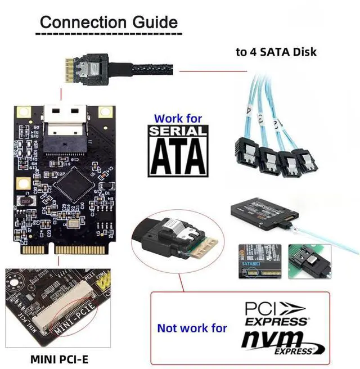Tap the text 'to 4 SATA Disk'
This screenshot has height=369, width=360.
276,52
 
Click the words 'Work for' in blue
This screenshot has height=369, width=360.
178,119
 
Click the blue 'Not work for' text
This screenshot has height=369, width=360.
192,327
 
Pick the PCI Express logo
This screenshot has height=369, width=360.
276,314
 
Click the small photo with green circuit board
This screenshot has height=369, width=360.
308,262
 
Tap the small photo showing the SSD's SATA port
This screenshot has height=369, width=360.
258,262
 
